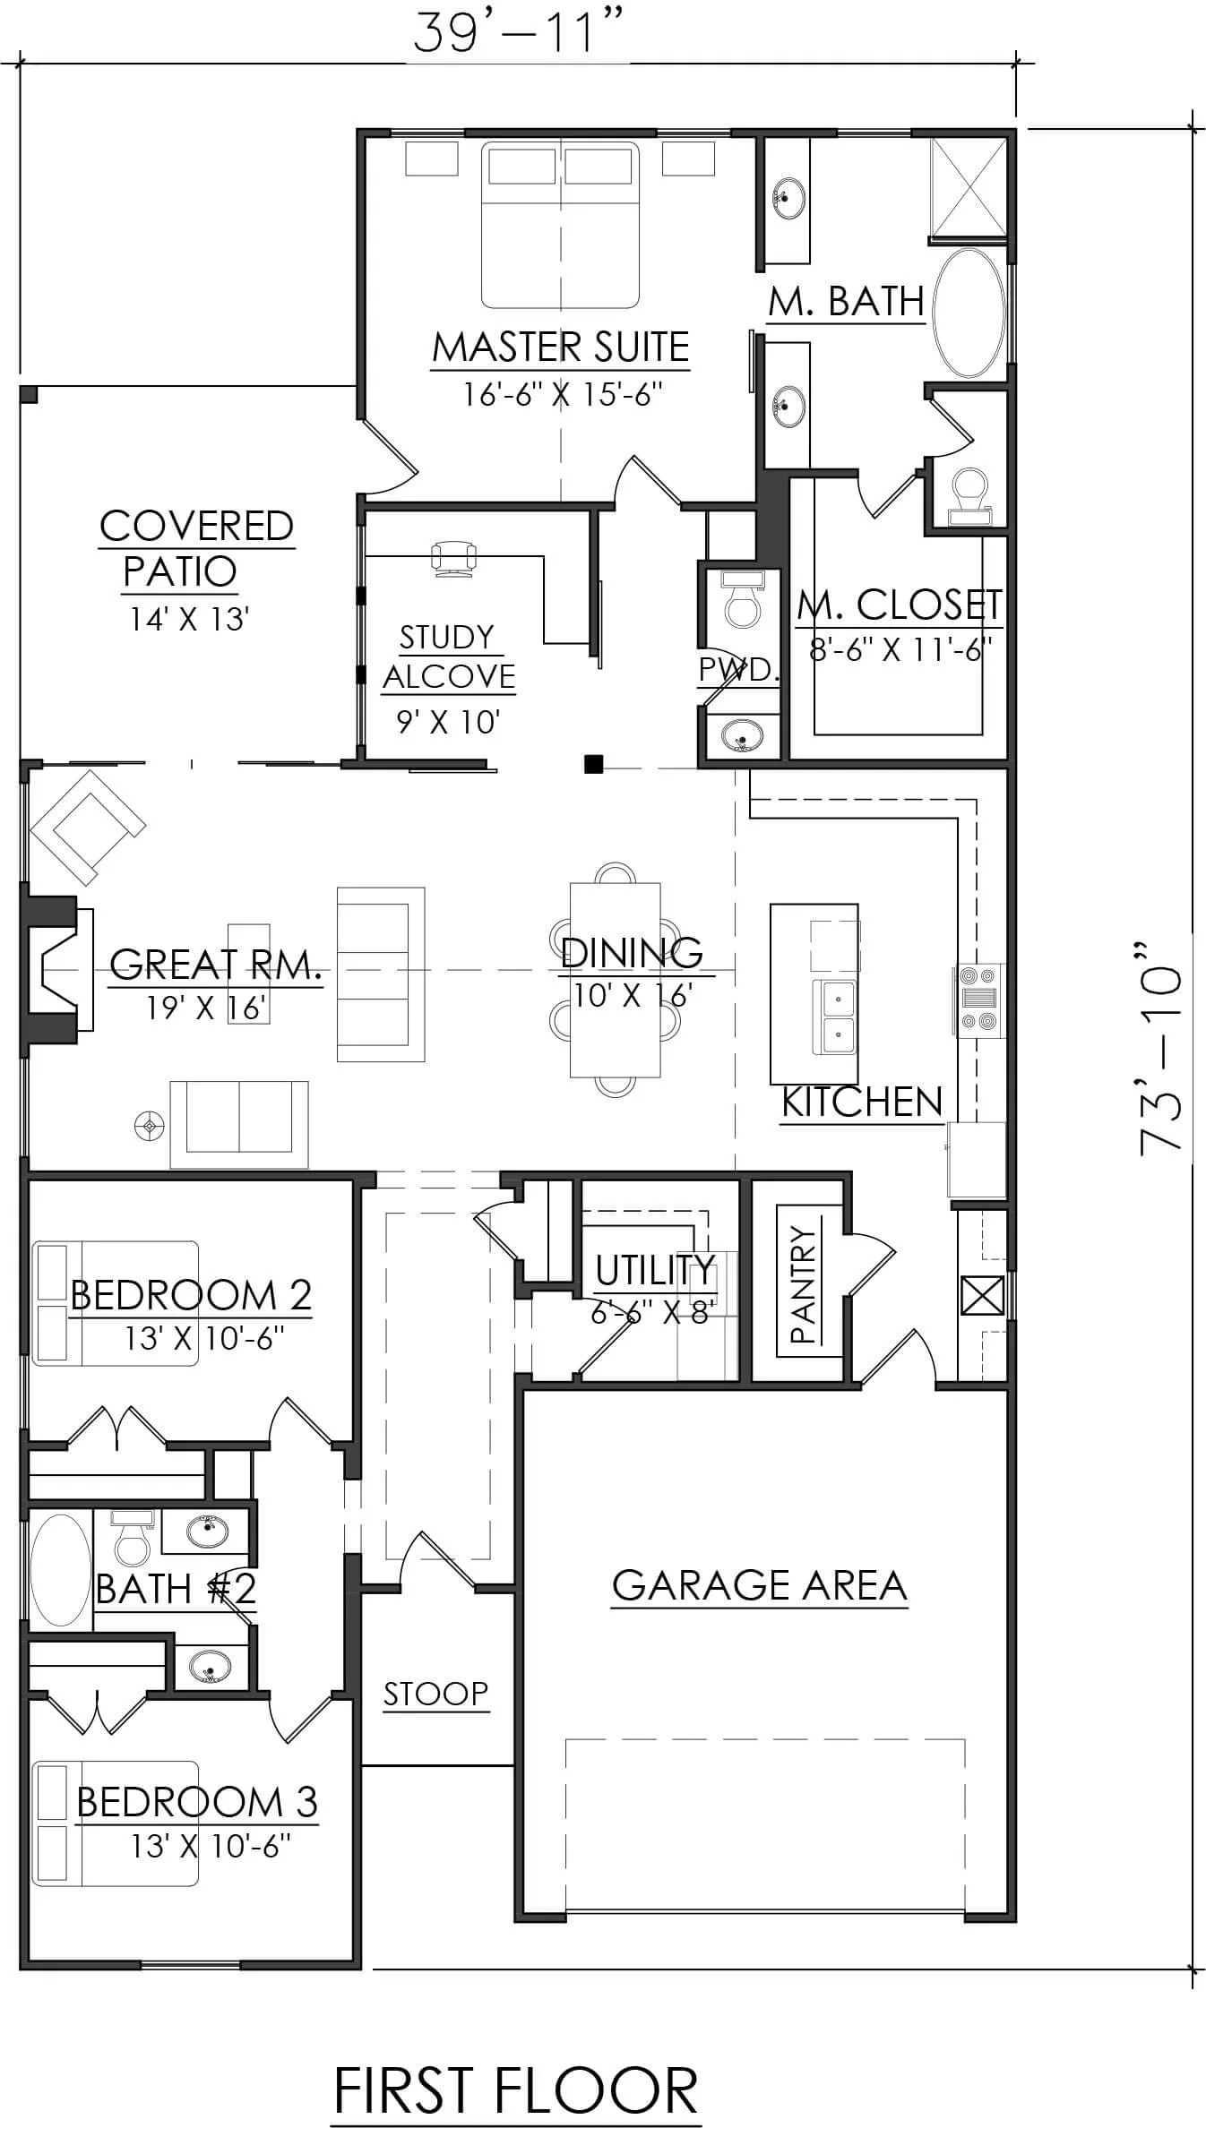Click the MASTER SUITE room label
pos(561,347)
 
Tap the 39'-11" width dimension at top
pos(517,33)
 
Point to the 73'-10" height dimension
pos(1162,1048)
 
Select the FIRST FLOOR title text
pos(515,2091)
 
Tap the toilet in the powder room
pos(742,600)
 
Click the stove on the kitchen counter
pos(979,999)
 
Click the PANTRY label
pos(804,1283)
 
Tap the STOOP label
pos(435,1694)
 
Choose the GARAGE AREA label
pos(759,1585)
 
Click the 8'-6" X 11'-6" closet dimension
pos(900,648)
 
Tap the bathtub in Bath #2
pos(60,1570)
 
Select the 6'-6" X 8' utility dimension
pos(652,1313)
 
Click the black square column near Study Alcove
pos(593,764)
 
